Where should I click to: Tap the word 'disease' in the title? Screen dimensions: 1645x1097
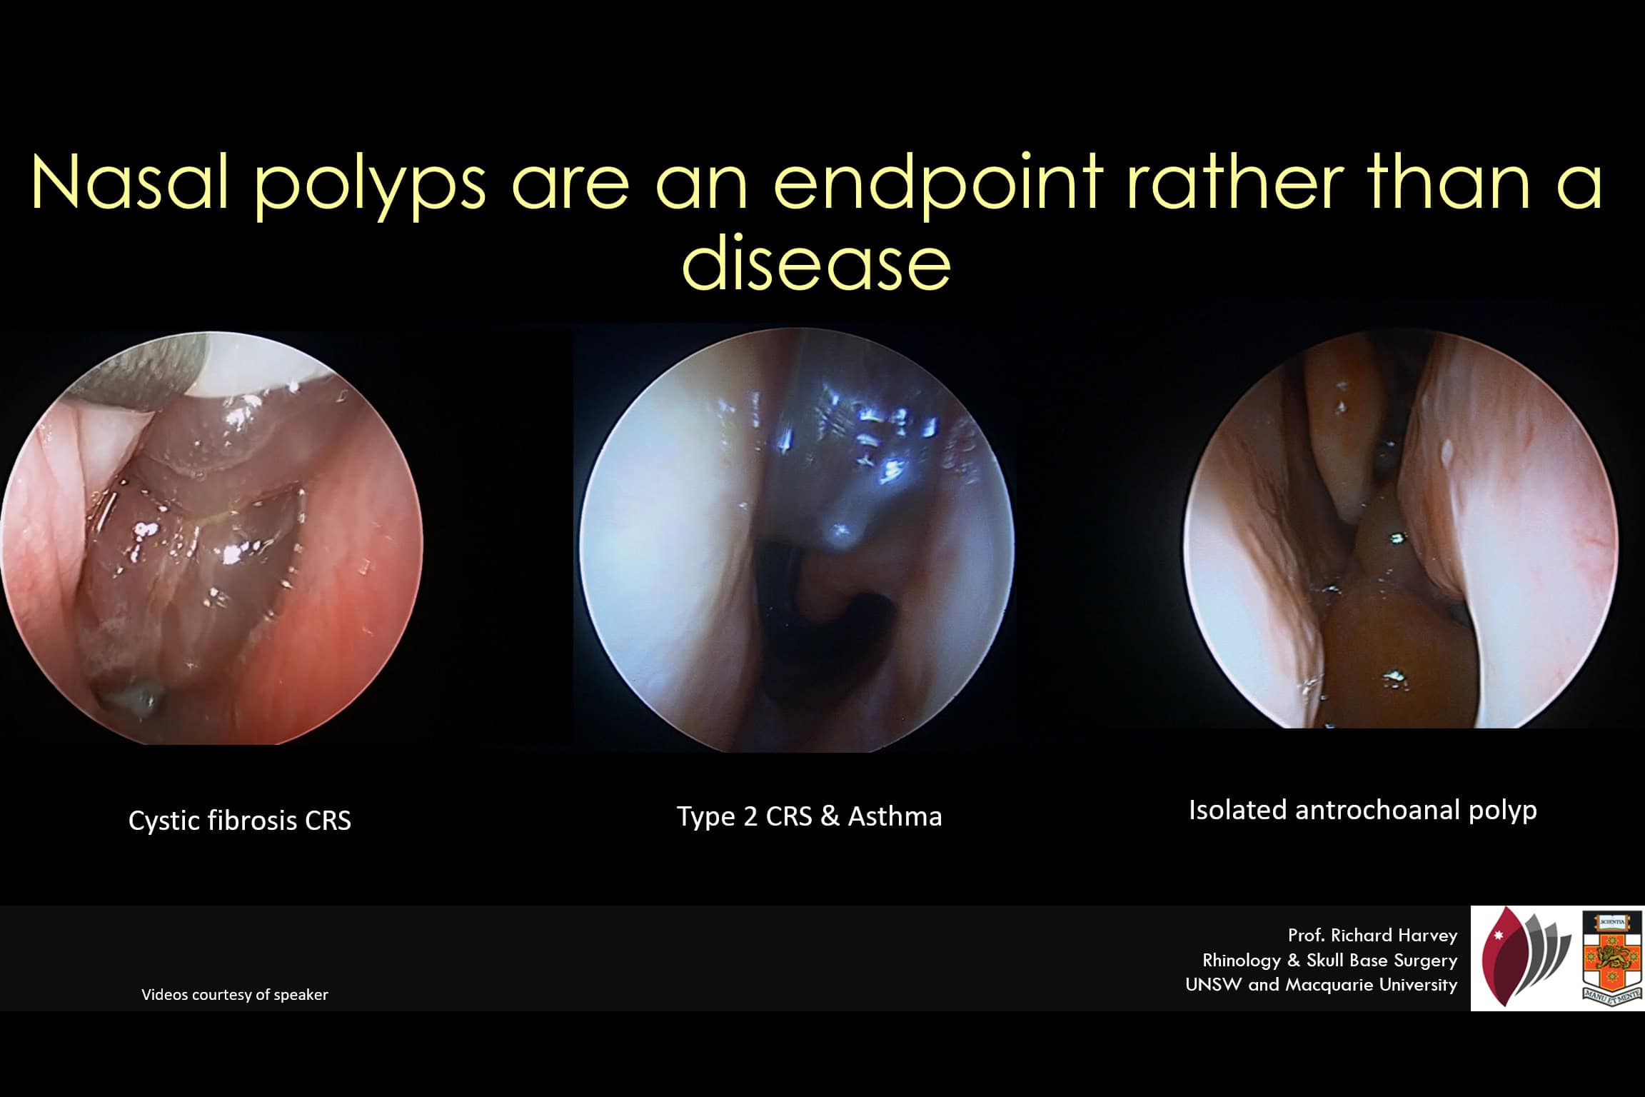(817, 262)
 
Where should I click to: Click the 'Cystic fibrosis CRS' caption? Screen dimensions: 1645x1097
(240, 821)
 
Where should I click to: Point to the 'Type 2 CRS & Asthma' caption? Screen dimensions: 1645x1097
(810, 816)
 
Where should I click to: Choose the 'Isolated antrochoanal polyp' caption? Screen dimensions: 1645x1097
(1363, 811)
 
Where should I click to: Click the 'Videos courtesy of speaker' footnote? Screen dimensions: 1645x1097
(235, 994)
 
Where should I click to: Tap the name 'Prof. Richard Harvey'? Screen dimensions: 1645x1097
(1373, 936)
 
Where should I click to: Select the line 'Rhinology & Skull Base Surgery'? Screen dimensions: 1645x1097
(1330, 961)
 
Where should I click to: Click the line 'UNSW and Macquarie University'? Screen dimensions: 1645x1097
(1322, 985)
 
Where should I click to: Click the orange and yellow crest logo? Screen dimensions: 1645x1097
(1613, 958)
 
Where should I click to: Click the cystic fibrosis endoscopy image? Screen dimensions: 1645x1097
(211, 538)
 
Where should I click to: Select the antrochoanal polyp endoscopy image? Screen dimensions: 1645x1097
(1401, 532)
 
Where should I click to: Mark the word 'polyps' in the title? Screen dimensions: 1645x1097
(371, 187)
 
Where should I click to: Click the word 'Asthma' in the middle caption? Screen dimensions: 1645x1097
(895, 816)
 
